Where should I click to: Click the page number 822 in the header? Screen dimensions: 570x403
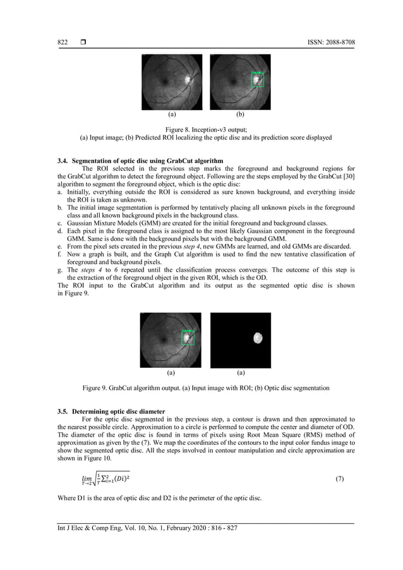pyautogui.click(x=63, y=42)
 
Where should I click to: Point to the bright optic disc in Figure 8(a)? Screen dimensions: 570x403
pyautogui.click(x=188, y=80)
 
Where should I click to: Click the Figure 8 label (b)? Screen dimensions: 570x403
pyautogui.click(x=240, y=115)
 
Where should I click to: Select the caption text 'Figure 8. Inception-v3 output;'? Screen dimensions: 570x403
pyautogui.click(x=201, y=129)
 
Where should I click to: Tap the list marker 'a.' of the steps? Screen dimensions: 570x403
pyautogui.click(x=59, y=192)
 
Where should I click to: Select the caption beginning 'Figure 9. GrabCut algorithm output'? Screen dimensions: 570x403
pyautogui.click(x=201, y=387)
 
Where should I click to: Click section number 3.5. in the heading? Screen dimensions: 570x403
pyautogui.click(x=64, y=411)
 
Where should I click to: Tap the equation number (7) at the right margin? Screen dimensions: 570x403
pyautogui.click(x=339, y=479)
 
